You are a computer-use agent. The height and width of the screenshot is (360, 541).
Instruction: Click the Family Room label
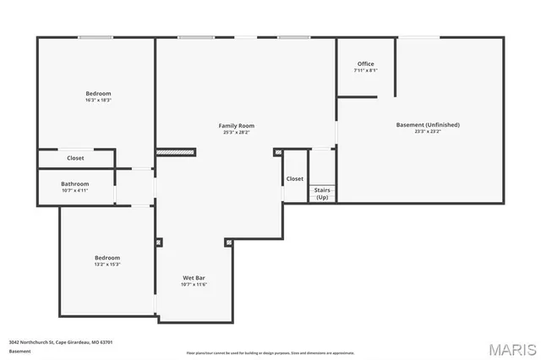tap(237, 126)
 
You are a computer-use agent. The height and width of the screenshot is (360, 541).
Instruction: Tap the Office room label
tap(365, 64)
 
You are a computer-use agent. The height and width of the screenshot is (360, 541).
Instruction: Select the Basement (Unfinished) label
tap(428, 125)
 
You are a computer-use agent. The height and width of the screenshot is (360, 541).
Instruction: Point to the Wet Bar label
tap(194, 277)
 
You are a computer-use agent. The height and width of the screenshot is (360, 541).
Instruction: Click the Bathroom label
tap(74, 183)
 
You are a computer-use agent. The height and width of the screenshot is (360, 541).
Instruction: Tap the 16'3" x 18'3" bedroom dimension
tap(98, 100)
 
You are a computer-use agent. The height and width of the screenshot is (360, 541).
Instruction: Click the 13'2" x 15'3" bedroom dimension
tap(107, 265)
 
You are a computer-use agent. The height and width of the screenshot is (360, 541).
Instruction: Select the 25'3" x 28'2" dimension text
tap(237, 132)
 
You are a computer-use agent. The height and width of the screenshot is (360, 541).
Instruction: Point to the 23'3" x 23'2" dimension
tap(428, 131)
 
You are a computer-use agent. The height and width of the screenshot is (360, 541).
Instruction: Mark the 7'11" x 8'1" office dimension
tap(365, 70)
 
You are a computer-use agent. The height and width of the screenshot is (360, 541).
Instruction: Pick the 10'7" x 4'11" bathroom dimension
tap(74, 190)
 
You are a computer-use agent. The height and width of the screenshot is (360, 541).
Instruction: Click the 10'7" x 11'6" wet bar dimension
tap(194, 284)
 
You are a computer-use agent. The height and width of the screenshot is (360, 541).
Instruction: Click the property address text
tap(61, 342)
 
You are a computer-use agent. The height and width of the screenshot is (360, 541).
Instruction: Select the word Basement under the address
tap(19, 351)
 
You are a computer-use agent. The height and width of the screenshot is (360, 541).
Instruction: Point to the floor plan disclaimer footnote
tap(270, 353)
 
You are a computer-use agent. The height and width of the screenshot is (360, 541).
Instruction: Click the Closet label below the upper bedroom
tap(75, 158)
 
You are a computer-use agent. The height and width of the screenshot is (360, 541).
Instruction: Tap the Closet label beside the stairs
tap(294, 178)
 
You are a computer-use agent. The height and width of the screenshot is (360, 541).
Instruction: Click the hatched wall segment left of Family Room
tap(176, 152)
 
